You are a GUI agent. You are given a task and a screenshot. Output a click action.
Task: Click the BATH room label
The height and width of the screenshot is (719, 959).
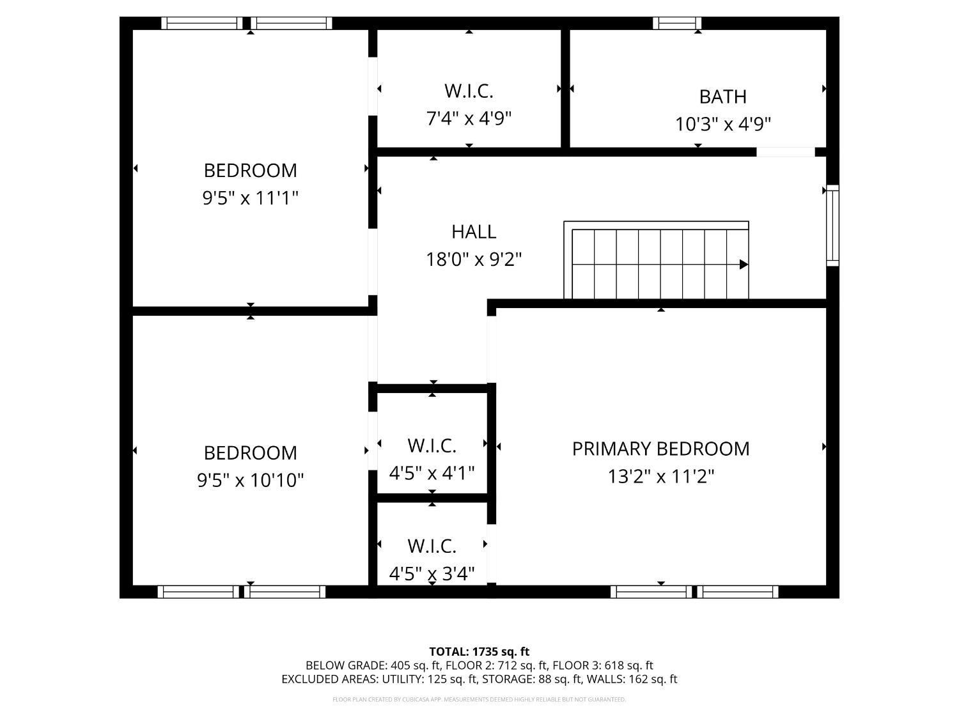coord(722,97)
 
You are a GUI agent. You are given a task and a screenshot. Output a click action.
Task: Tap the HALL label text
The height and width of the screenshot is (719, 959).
coord(474,232)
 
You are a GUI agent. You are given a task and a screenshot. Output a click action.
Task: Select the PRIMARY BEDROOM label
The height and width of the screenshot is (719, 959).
coord(660,449)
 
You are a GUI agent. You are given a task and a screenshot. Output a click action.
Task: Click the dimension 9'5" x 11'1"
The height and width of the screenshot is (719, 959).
coord(251,197)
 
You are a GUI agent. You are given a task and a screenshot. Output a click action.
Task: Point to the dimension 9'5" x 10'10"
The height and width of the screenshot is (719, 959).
coord(251,480)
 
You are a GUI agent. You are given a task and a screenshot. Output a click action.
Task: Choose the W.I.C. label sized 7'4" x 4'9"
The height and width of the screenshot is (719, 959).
coord(469,91)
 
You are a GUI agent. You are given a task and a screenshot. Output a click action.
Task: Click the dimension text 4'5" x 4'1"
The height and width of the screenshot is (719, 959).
coord(432,473)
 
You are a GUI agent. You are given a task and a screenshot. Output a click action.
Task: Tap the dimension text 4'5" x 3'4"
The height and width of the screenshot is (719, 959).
coord(432,574)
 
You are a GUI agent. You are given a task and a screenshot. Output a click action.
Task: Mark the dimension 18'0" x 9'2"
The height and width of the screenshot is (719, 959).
coord(474,259)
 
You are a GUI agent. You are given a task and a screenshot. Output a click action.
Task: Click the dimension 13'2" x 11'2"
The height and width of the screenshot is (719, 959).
coord(660,476)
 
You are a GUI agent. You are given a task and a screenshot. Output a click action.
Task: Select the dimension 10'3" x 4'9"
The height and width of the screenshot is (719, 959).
coord(722,124)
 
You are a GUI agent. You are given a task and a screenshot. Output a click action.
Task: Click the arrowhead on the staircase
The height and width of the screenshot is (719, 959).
coord(744,264)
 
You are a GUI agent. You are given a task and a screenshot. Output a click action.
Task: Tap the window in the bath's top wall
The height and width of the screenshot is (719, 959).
coord(677,23)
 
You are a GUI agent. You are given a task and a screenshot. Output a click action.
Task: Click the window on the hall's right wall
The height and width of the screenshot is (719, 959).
coord(833,225)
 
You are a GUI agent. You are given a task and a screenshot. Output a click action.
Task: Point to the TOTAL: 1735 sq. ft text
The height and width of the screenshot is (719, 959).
coord(479,652)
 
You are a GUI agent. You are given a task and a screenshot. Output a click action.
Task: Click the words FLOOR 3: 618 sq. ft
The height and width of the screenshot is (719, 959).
coord(603,666)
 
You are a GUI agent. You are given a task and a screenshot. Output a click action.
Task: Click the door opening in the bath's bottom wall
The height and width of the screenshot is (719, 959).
coord(786,152)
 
